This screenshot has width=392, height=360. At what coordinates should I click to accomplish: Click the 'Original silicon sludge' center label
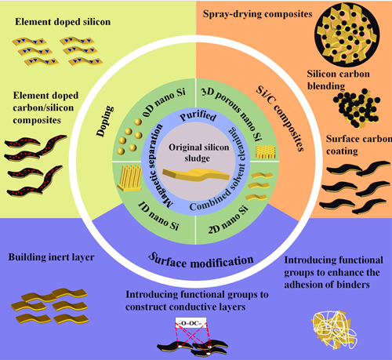pyautogui.click(x=198, y=153)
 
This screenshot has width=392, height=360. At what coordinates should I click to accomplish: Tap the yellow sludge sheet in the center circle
pyautogui.click(x=196, y=175)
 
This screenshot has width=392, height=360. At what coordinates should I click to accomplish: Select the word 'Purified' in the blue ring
pyautogui.click(x=198, y=116)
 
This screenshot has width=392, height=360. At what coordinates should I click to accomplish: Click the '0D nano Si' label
pyautogui.click(x=164, y=104)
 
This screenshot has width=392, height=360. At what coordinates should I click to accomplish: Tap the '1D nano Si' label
pyautogui.click(x=158, y=216)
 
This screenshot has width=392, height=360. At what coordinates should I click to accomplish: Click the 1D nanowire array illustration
pyautogui.click(x=129, y=178)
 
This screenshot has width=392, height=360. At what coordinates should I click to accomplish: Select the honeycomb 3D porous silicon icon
pyautogui.click(x=265, y=152)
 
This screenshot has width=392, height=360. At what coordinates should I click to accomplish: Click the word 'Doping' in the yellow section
pyautogui.click(x=105, y=121)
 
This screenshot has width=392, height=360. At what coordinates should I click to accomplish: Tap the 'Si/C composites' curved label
pyautogui.click(x=281, y=118)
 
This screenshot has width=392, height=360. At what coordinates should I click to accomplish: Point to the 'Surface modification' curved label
pyautogui.click(x=201, y=260)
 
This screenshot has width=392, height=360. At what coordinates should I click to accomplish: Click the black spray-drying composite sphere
pyautogui.click(x=347, y=35)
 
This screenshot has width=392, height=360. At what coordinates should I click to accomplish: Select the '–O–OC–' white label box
pyautogui.click(x=191, y=323)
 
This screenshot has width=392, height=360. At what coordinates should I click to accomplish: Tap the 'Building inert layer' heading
pyautogui.click(x=52, y=257)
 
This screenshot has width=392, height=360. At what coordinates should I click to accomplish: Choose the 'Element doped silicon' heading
pyautogui.click(x=63, y=22)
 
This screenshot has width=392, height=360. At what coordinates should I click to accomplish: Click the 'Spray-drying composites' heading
pyautogui.click(x=257, y=14)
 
